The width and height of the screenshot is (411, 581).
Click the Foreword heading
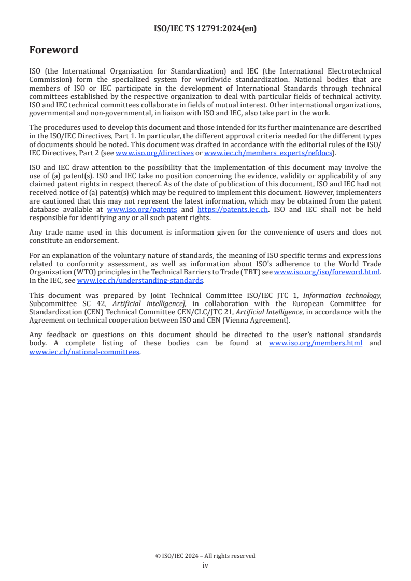54,50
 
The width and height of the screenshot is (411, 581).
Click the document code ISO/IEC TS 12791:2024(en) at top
205,29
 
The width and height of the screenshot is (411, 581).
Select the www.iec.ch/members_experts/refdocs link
268,153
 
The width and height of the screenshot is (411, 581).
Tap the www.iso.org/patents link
141,209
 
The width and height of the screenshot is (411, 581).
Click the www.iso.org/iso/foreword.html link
327,272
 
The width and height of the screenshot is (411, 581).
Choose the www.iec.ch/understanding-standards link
140,281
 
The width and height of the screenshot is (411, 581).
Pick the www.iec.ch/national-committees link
84,352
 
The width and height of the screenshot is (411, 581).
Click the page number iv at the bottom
205,565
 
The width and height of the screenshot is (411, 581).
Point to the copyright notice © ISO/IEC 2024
205,556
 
